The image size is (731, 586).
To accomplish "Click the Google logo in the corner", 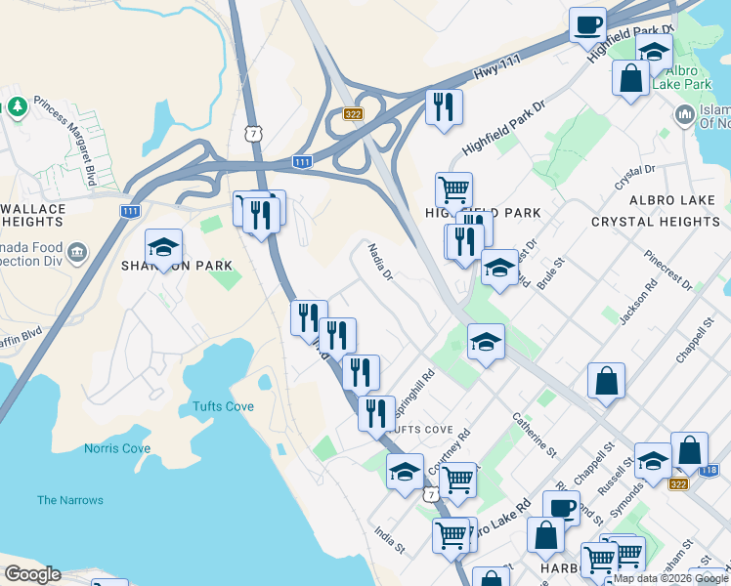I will point(32,574).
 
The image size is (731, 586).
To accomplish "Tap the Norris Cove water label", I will point(117,448).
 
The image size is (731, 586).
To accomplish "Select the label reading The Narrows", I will point(70,500).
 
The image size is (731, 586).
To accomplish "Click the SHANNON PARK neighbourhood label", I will point(177,266).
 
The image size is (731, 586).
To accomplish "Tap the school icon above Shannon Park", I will point(164,247).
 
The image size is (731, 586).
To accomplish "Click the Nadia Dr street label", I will point(380,263).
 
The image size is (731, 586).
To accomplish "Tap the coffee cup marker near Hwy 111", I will point(587,24).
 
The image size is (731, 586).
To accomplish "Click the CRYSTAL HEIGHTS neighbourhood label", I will point(656,222).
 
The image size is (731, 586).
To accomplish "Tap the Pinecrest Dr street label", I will point(668,270).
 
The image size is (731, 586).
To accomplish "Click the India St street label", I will point(389,538).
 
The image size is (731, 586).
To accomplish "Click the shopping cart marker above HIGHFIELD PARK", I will point(453,188).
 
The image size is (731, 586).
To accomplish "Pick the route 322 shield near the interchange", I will point(353,115).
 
